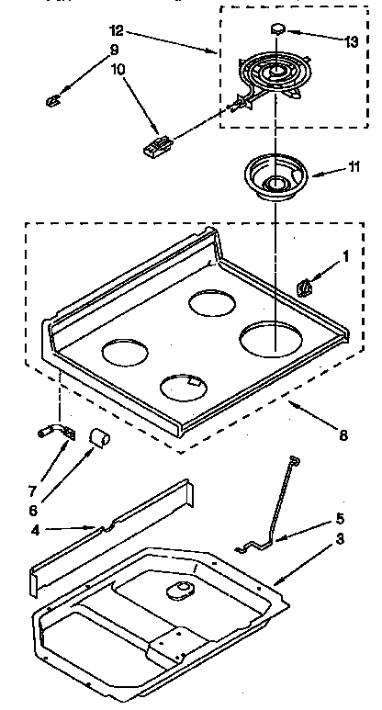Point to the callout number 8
(x=343, y=436)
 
